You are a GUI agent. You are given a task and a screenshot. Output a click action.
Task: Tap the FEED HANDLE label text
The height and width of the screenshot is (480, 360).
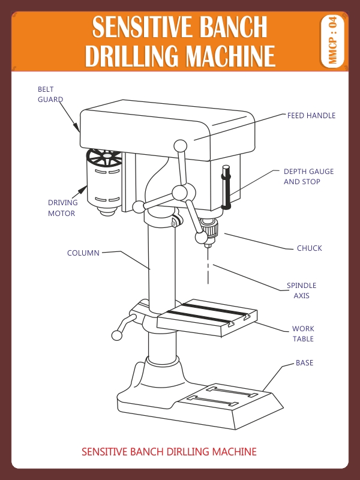311,115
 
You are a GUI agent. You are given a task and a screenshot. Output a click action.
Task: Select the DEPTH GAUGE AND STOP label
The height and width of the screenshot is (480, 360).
308,176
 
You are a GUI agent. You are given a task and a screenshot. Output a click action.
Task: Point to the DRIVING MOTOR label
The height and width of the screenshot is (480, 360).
61,208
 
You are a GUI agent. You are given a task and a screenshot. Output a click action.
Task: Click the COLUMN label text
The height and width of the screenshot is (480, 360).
83,253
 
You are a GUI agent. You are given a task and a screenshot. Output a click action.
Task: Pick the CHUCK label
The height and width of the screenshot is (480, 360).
309,248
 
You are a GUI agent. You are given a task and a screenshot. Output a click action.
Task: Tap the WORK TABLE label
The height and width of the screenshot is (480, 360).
303,334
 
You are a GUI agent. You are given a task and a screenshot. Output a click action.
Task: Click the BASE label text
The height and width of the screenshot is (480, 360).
304,363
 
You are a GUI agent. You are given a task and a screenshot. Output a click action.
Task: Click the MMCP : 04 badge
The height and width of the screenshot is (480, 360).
333,40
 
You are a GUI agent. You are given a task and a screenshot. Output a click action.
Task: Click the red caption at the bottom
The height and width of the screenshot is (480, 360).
169,451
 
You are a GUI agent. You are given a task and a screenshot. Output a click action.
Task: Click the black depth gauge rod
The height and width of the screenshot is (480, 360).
226,187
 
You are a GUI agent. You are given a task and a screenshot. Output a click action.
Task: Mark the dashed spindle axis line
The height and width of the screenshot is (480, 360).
208,267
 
